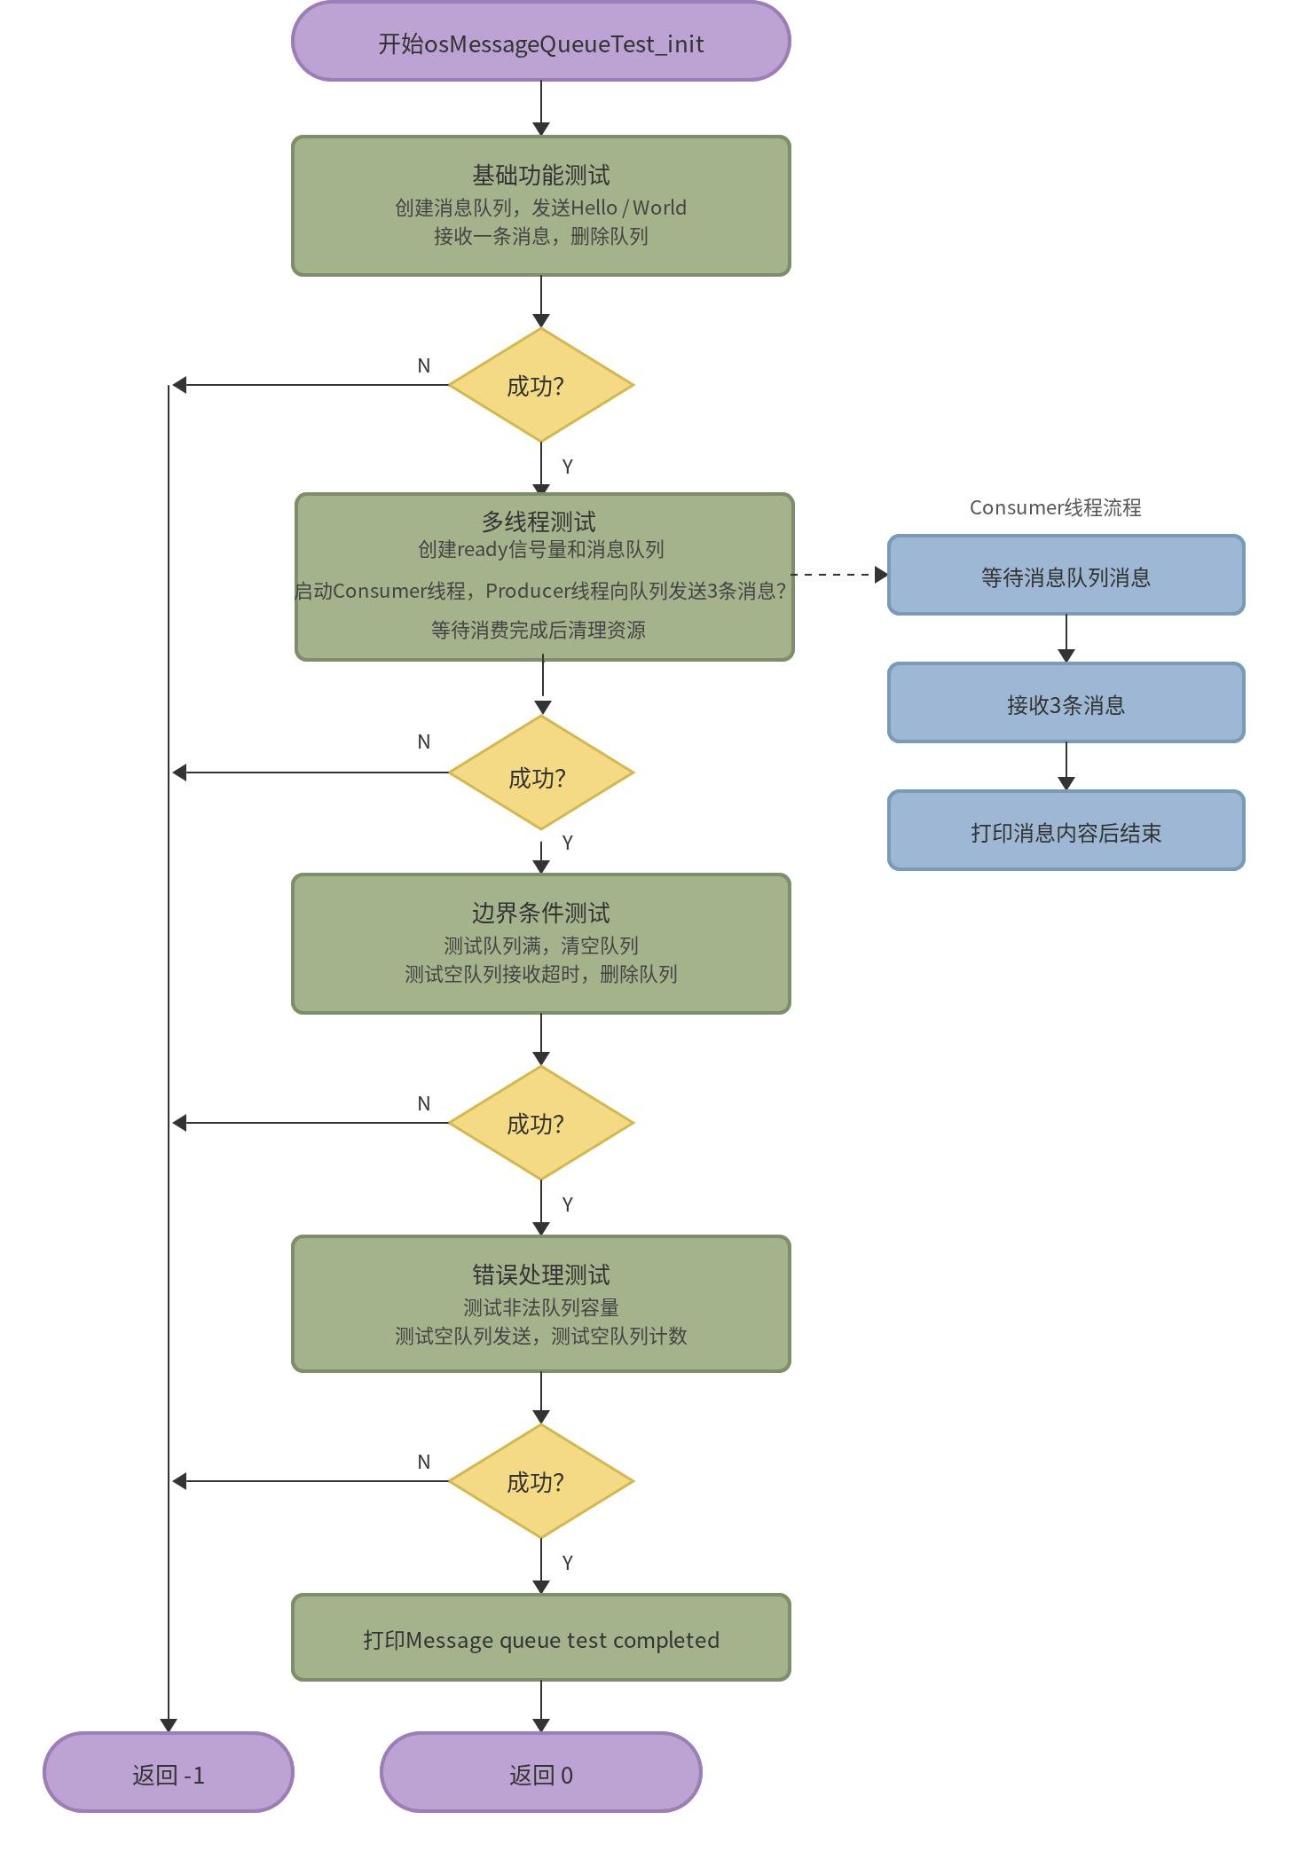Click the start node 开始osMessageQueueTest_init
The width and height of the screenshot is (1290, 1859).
click(540, 42)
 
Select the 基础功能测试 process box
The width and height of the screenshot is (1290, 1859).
click(540, 206)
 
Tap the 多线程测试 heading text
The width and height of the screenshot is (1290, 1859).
click(539, 522)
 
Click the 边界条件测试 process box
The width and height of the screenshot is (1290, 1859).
click(540, 944)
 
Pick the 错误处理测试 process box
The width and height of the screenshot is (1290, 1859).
click(540, 1304)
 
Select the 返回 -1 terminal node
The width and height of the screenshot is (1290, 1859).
click(169, 1772)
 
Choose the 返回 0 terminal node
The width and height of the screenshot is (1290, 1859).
click(540, 1772)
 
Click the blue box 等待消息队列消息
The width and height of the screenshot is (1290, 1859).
click(1066, 575)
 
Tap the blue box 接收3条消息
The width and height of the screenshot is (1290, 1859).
click(1066, 702)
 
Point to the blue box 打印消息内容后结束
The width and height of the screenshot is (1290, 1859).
click(1066, 830)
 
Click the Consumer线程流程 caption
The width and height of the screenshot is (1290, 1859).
click(1055, 507)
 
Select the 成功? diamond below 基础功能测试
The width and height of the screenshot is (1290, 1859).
click(541, 385)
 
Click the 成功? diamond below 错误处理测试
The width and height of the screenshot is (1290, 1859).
click(541, 1481)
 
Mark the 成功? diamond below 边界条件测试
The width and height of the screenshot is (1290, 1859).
click(541, 1123)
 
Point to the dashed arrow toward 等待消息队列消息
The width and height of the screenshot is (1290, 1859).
click(839, 575)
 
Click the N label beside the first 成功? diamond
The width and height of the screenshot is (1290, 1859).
click(424, 365)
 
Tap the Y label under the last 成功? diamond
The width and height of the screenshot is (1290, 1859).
click(568, 1563)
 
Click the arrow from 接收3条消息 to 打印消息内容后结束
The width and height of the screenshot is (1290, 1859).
click(1066, 766)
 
